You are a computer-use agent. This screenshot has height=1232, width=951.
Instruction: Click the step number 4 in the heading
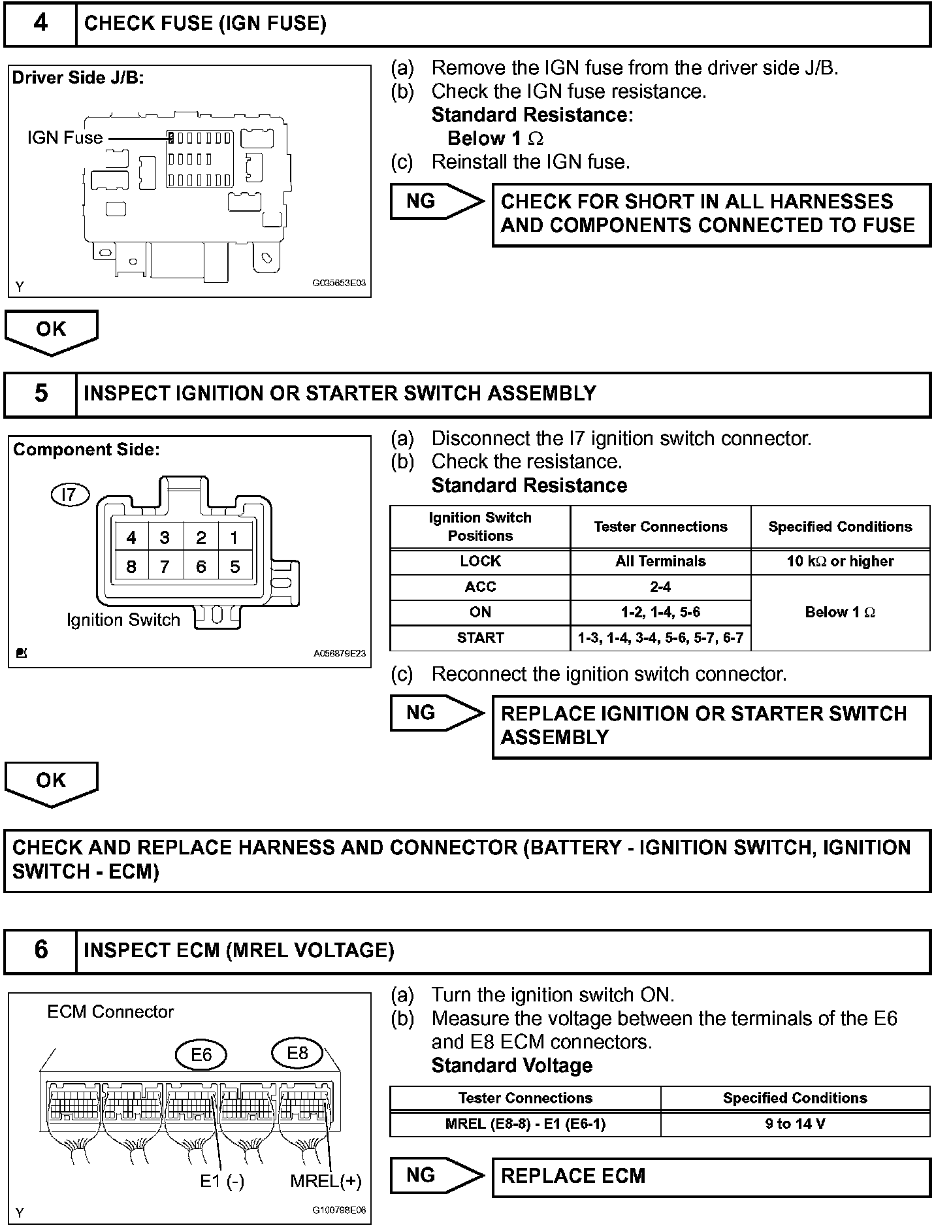click(40, 24)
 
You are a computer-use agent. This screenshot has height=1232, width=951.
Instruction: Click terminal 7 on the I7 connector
click(165, 567)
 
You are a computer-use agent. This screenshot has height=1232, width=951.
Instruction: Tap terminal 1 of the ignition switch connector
click(234, 538)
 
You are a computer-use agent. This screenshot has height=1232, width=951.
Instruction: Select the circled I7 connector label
click(69, 494)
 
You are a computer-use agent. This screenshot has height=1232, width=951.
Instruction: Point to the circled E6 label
click(201, 1055)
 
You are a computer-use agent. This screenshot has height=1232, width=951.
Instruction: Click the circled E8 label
click(297, 1052)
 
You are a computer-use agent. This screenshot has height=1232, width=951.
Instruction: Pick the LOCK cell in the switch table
click(480, 561)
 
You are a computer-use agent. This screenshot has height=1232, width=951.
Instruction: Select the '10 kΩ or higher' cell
click(840, 561)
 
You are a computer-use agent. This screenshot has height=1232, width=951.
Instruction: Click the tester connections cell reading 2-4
click(660, 587)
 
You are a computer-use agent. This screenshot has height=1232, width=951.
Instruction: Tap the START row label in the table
click(480, 638)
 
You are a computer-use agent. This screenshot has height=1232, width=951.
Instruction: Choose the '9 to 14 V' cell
click(795, 1124)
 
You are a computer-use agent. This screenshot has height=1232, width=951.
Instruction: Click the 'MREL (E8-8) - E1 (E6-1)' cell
click(525, 1124)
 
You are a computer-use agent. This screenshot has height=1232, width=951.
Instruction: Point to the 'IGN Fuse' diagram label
click(65, 138)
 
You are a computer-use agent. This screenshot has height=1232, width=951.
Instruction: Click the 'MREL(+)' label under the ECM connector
click(325, 1181)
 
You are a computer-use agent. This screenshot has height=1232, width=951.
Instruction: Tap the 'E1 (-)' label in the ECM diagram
click(222, 1181)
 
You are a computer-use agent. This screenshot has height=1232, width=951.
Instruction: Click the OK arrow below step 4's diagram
click(51, 331)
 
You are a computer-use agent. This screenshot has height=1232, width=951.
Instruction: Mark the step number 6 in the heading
click(40, 950)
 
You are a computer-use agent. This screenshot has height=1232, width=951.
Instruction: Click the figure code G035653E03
click(339, 284)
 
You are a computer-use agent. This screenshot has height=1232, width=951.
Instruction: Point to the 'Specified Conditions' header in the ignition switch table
click(840, 527)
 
